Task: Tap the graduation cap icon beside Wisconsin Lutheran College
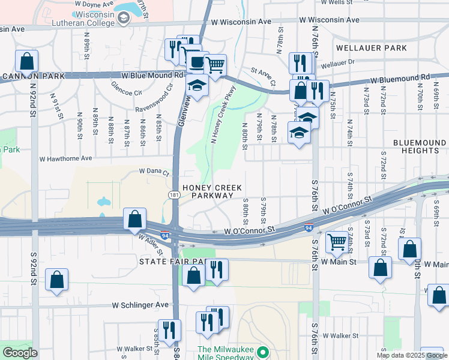124,19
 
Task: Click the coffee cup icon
196,61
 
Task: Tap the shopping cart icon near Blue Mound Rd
215,64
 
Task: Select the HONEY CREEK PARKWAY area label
208,191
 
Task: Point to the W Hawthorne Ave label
65,159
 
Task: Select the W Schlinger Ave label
140,305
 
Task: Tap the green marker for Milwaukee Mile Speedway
262,353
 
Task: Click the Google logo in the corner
20,353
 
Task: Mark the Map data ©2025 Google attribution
411,355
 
